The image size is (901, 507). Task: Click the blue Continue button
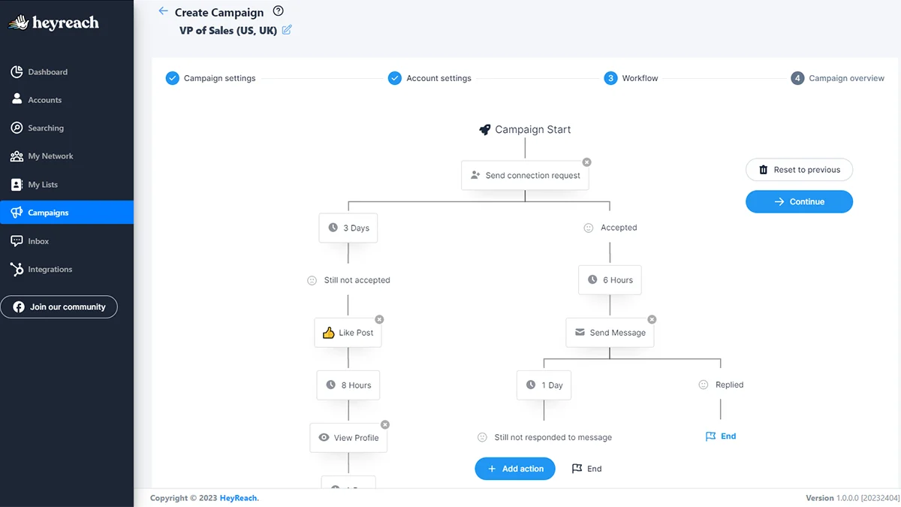pos(799,201)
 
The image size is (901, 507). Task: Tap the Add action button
pos(515,469)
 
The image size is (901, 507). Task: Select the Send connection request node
pos(525,176)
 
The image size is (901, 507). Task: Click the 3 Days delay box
pos(348,228)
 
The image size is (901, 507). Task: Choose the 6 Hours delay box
pos(610,280)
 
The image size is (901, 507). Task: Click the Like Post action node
pos(348,333)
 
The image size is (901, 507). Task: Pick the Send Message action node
pos(610,333)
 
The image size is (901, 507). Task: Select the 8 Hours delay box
pos(348,385)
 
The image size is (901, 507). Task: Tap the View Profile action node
pos(348,438)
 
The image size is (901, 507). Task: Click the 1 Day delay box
pos(544,385)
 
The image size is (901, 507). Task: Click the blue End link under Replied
pos(721,436)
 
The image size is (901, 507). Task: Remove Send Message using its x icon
pos(652,319)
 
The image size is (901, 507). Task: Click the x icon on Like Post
pos(379,319)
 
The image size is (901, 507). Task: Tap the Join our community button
pos(59,307)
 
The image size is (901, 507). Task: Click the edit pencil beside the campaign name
pos(287,30)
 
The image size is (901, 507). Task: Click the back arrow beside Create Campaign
pos(163,11)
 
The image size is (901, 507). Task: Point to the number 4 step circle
pos(797,78)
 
